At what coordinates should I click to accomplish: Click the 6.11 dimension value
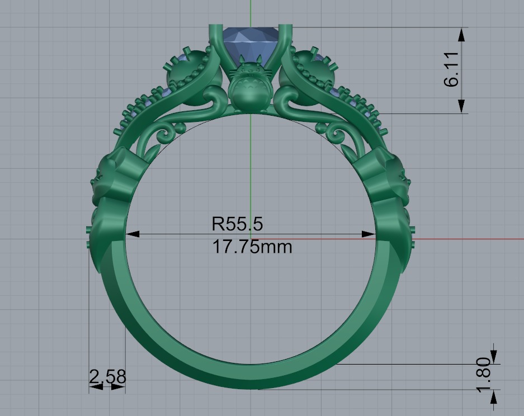[452, 69]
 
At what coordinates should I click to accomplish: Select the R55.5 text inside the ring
[237, 224]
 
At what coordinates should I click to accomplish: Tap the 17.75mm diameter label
[252, 246]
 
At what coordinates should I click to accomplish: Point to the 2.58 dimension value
[107, 377]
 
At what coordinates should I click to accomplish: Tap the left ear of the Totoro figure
[241, 59]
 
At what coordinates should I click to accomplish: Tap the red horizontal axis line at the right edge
[503, 239]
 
